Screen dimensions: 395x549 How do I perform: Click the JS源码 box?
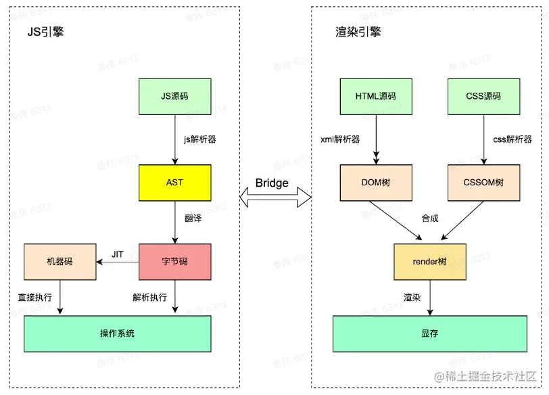point(174,97)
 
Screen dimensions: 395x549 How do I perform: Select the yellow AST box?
point(174,182)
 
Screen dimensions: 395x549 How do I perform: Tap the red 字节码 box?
point(174,261)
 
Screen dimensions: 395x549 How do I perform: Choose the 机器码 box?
point(59,261)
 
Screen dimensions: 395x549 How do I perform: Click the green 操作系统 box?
point(117,333)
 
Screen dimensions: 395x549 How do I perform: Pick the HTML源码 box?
point(375,97)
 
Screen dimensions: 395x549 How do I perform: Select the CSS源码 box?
point(483,97)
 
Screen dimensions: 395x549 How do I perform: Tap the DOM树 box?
point(375,182)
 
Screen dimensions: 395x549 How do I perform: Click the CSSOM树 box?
point(483,182)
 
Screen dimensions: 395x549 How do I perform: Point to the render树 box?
point(429,261)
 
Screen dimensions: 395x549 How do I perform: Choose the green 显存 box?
point(429,333)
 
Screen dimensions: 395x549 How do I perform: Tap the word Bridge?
point(272,183)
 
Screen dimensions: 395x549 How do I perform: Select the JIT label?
point(118,254)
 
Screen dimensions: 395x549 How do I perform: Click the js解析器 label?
point(200,140)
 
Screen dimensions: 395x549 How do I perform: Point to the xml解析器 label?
point(340,140)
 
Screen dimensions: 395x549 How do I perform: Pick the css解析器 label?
point(512,140)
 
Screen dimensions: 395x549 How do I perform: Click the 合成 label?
point(430,218)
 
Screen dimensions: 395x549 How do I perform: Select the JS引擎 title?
point(45,32)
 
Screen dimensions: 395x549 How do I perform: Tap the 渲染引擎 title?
point(358,32)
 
